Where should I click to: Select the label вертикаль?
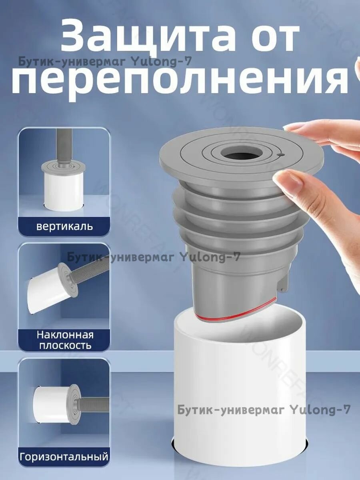coord(64,226)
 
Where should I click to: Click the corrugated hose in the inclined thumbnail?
coord(90,272)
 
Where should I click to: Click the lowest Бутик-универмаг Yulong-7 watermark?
coord(264,410)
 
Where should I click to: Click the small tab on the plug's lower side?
coord(282,284)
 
